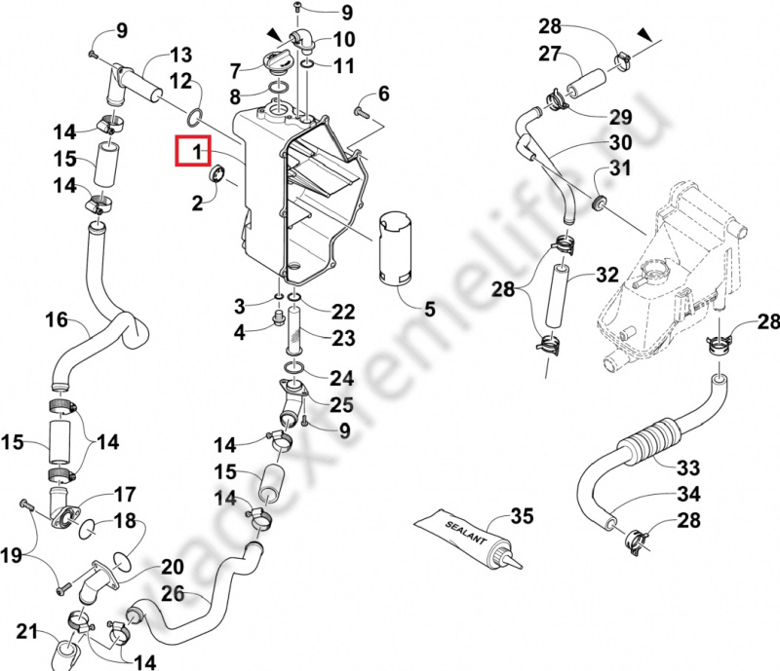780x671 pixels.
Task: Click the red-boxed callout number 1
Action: (198, 151)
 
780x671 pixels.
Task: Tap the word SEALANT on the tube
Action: (465, 533)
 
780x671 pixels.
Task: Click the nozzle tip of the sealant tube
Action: (521, 566)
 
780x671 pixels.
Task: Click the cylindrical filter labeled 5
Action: (397, 251)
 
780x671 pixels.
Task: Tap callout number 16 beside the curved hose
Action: (57, 319)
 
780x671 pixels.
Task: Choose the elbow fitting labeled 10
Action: (301, 40)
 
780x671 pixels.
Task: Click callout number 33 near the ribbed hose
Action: (688, 467)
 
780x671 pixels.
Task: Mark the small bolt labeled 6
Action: (362, 112)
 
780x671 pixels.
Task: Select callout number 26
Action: (174, 593)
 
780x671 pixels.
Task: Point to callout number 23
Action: (344, 338)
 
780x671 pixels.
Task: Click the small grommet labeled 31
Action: (599, 203)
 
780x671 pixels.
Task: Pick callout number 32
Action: (606, 274)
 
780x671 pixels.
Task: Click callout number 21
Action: (27, 631)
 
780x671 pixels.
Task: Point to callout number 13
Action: (181, 55)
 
